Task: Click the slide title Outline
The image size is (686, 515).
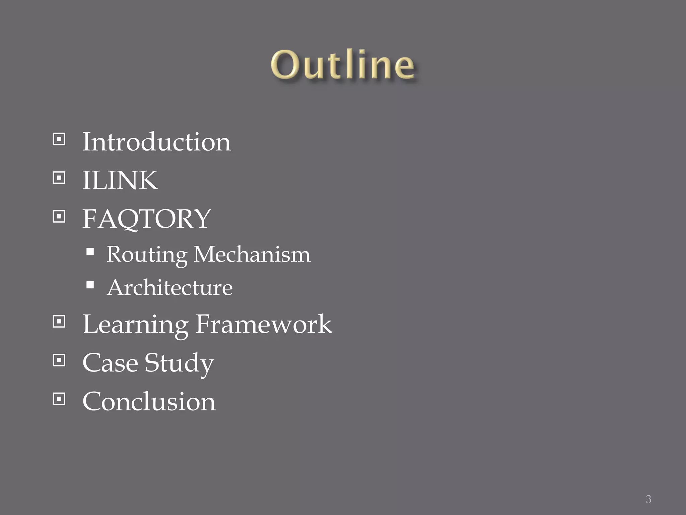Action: point(342,65)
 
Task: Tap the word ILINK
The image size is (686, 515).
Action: point(120,180)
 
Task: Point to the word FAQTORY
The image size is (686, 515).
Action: point(146,219)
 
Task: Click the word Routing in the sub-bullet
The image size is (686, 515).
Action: point(147,254)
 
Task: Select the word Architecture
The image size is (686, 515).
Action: point(170,288)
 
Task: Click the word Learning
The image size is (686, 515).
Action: point(135,325)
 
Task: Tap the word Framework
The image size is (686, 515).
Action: point(264,324)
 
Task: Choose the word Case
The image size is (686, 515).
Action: point(110,363)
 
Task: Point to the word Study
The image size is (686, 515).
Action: point(179,363)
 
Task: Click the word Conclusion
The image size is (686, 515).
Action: point(149,401)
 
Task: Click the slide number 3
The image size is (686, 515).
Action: point(648,499)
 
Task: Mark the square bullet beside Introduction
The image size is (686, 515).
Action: point(59,139)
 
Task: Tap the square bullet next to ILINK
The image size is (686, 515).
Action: point(59,178)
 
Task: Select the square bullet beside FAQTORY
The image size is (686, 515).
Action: point(59,216)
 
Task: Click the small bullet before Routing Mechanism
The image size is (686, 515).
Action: point(90,252)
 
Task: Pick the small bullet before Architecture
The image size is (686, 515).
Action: point(90,285)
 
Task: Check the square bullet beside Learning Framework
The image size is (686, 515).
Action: point(59,322)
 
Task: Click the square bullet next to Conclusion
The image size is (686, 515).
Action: point(59,399)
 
